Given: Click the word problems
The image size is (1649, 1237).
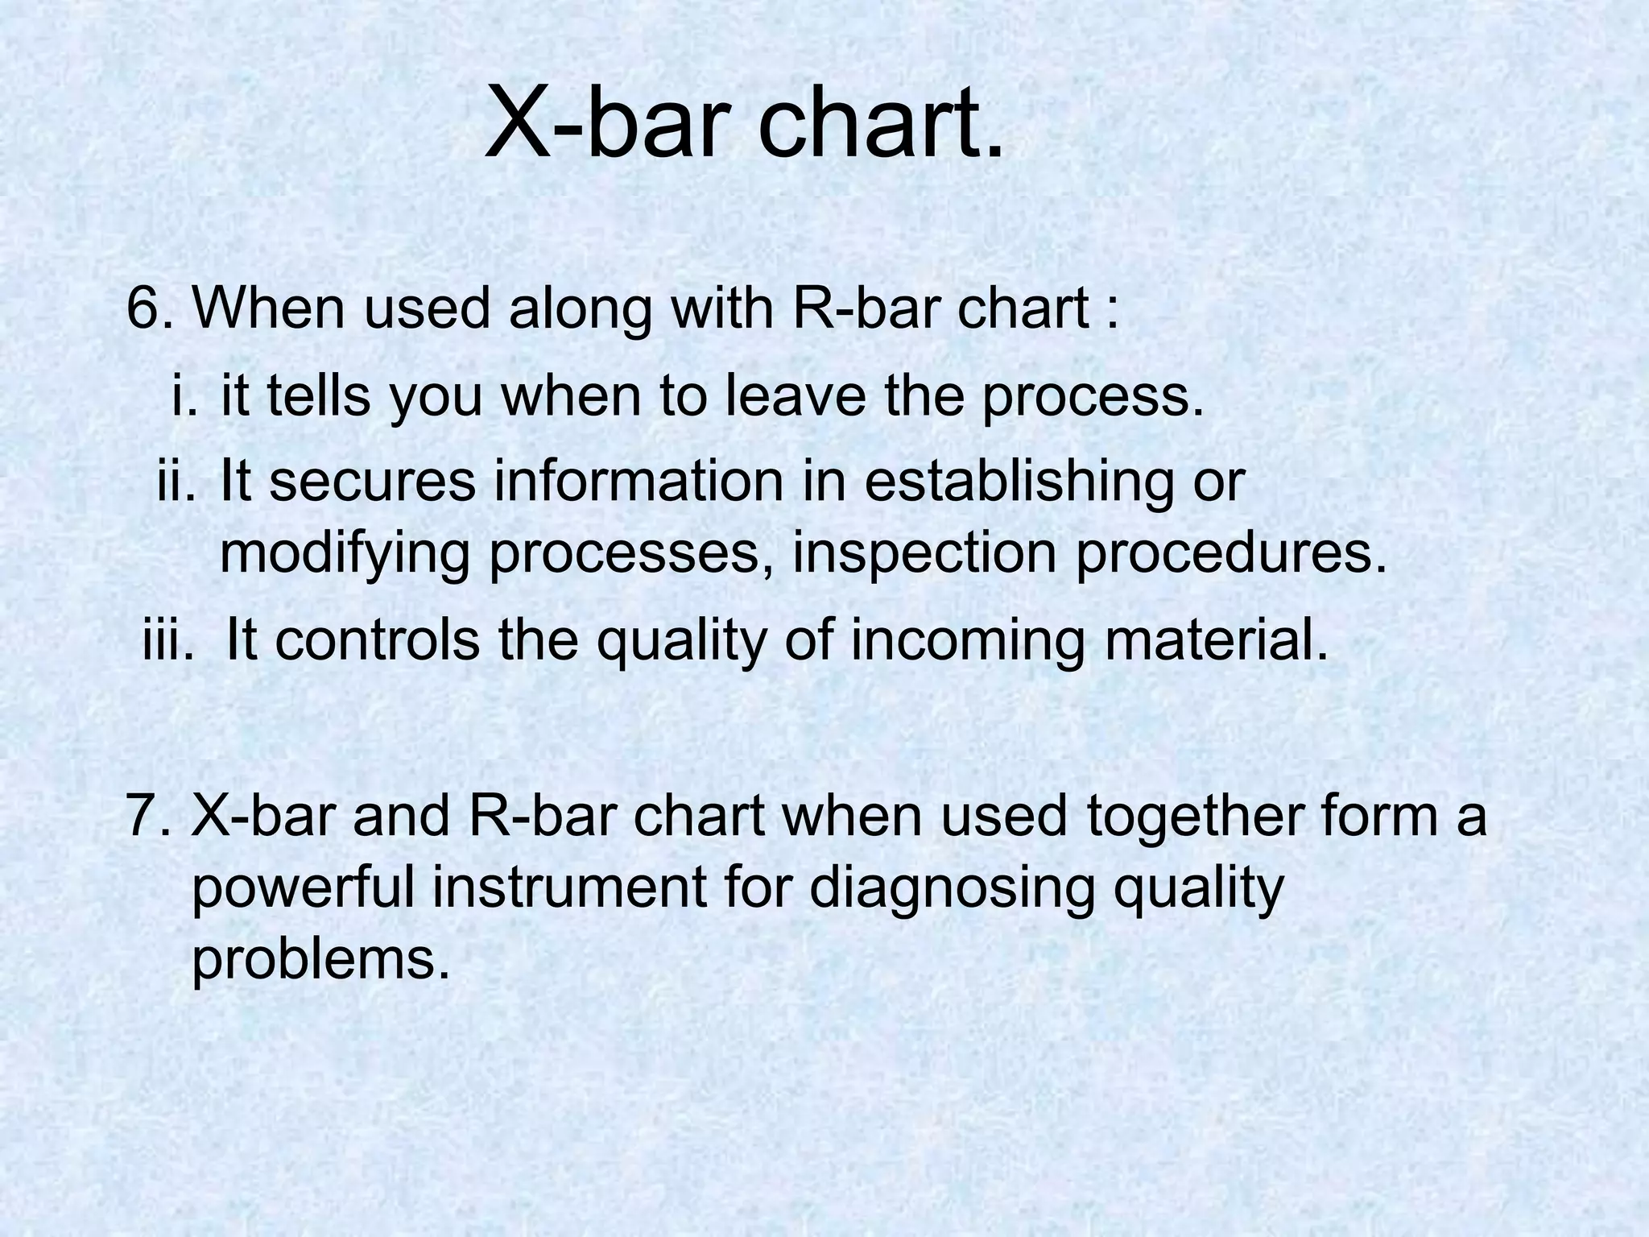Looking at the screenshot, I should (319, 960).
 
